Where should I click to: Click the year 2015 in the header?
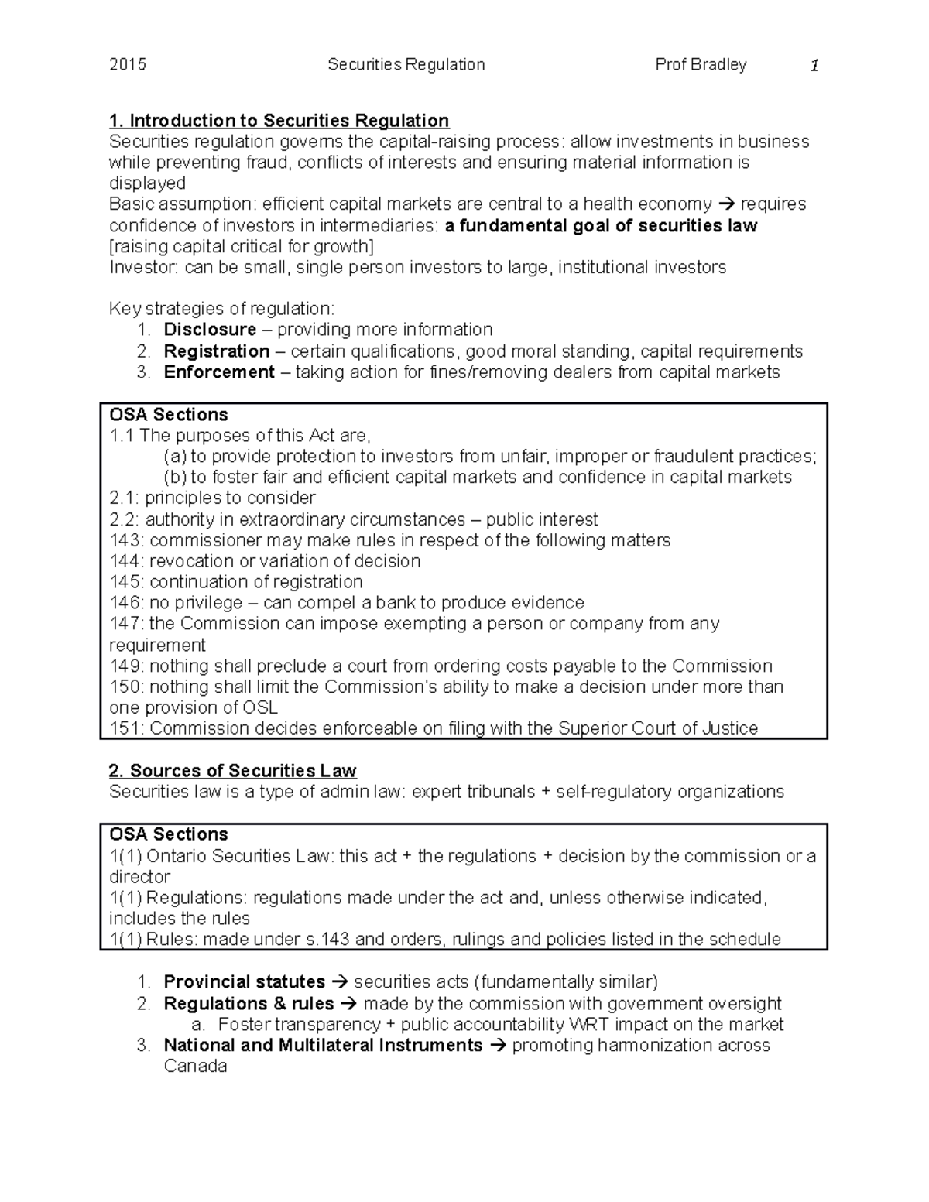tap(128, 65)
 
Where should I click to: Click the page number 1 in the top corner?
tap(814, 66)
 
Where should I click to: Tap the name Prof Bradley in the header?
tap(701, 65)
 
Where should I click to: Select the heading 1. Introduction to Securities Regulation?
tap(279, 121)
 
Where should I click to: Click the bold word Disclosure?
tap(210, 330)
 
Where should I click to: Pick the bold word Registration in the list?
tap(216, 351)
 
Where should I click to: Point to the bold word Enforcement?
tap(219, 372)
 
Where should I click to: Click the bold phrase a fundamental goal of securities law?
tap(601, 226)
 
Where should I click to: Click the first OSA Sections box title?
tap(169, 415)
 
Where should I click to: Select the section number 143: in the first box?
tap(126, 540)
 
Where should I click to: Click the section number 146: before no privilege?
tap(126, 603)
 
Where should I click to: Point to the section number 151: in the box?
tap(126, 728)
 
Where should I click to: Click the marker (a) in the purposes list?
tap(175, 457)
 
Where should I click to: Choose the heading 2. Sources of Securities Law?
tap(232, 771)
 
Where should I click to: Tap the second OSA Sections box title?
tap(169, 834)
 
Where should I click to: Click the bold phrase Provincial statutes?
tap(244, 982)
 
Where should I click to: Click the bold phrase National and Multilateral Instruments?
tap(323, 1046)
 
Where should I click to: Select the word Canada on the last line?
tap(195, 1067)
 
